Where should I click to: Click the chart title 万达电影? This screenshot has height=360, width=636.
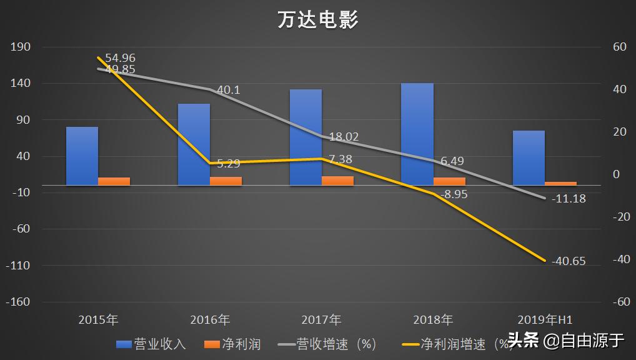[x=318, y=20]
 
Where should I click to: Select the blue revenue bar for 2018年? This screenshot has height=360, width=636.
[x=417, y=134]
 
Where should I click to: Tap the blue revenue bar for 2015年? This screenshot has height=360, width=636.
[x=82, y=156]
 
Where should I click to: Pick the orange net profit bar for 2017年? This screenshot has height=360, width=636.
[x=337, y=181]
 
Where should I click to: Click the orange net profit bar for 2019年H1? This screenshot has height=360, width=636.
[x=560, y=183]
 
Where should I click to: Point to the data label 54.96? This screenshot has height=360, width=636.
[x=120, y=58]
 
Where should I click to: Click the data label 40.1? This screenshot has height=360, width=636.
[x=228, y=90]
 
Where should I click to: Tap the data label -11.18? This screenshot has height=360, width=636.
[x=568, y=199]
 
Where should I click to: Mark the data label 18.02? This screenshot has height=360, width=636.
[x=344, y=137]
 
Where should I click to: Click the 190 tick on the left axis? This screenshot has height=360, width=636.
[x=21, y=47]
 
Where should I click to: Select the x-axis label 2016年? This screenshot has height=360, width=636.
[x=210, y=320]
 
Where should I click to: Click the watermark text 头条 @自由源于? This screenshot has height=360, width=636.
[x=566, y=341]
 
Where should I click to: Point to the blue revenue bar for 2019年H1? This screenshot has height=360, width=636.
[x=529, y=157]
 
